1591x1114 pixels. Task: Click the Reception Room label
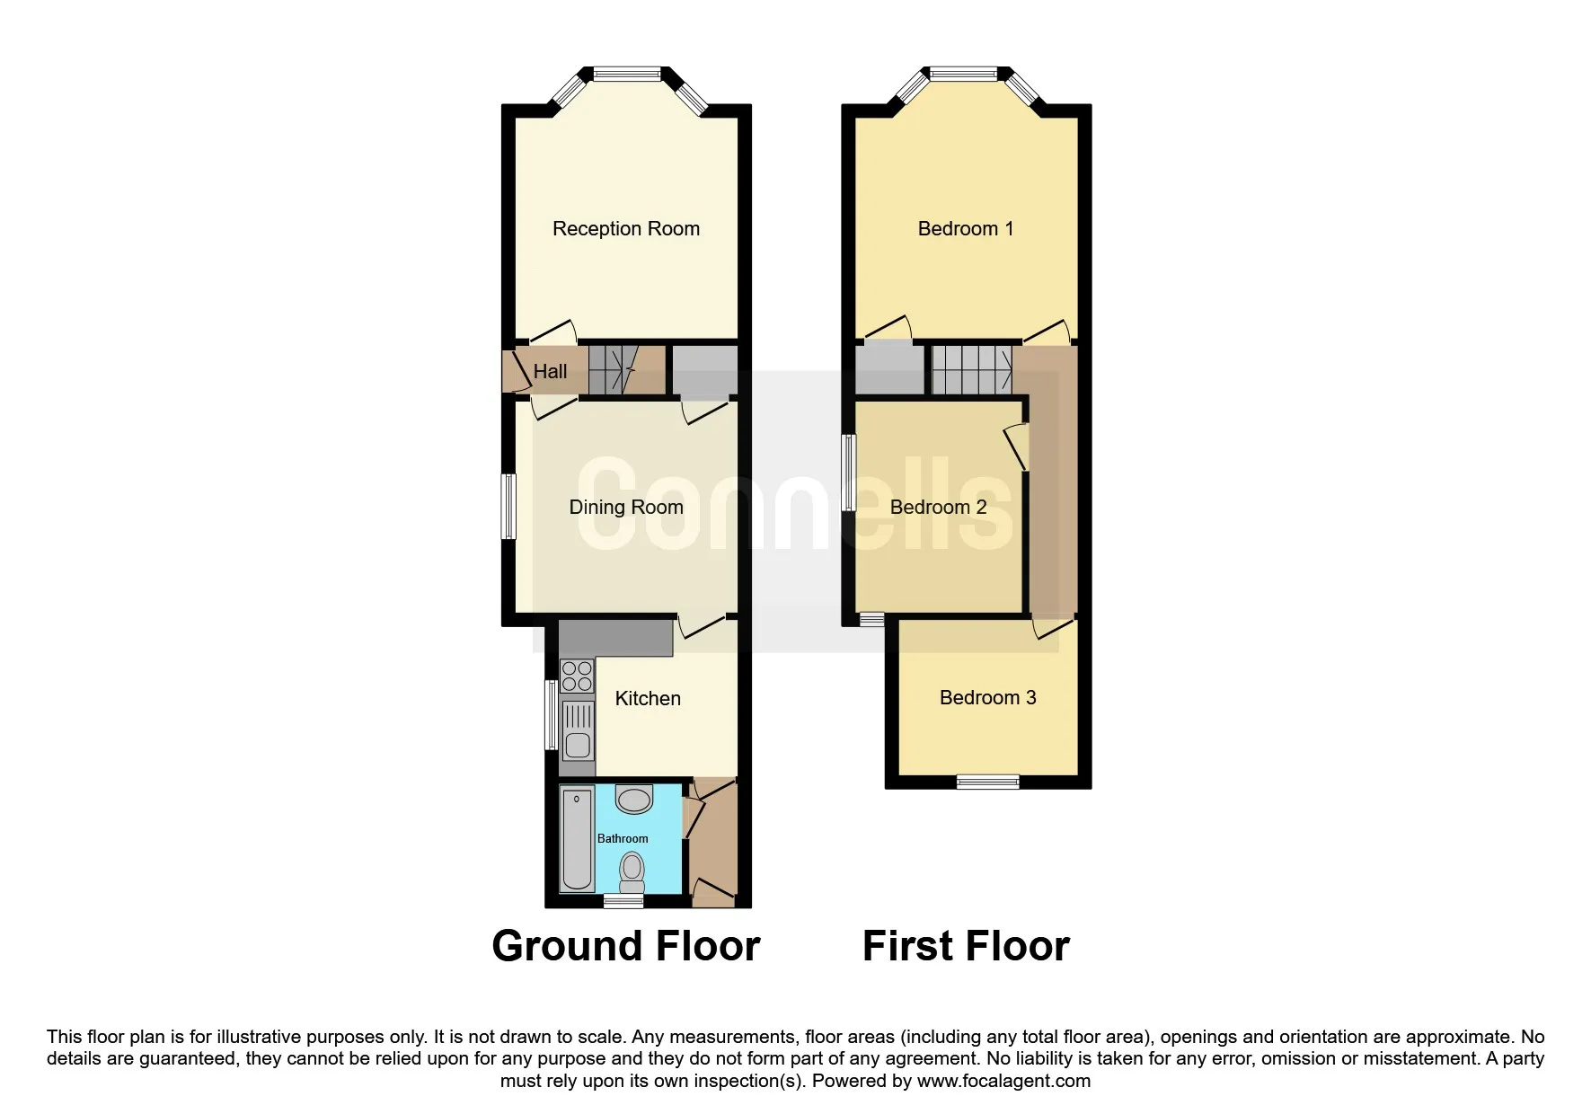tap(626, 229)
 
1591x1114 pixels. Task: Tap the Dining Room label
tap(626, 508)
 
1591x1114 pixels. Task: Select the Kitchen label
tap(648, 699)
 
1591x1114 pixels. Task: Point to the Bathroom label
tap(623, 839)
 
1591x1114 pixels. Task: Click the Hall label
tap(550, 371)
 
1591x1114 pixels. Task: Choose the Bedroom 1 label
tap(966, 229)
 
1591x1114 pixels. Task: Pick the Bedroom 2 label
tap(938, 508)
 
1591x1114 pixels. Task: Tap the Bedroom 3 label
tap(987, 698)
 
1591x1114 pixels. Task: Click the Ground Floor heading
tap(626, 946)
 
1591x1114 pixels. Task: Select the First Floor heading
tap(966, 946)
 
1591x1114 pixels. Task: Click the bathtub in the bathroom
tap(577, 840)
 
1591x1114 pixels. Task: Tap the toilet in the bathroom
tap(632, 871)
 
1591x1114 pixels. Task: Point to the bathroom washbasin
tap(634, 799)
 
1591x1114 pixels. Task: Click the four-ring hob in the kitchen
tap(577, 676)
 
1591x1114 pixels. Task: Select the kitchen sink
tap(577, 730)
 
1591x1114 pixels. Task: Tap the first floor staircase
tap(972, 370)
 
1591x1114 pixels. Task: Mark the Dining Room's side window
tap(508, 506)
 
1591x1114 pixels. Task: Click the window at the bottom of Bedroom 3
tap(987, 782)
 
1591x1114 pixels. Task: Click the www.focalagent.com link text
tap(1003, 1082)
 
